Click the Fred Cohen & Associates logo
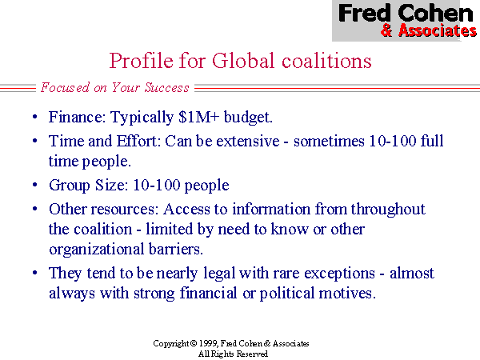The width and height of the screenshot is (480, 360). [x=406, y=20]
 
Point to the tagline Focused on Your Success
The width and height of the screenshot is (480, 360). [x=115, y=88]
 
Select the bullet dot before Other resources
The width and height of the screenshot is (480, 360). [x=34, y=209]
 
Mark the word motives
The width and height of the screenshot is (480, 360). [x=349, y=293]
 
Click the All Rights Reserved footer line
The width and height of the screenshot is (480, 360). [x=231, y=353]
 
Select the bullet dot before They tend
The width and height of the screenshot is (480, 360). [x=34, y=273]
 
